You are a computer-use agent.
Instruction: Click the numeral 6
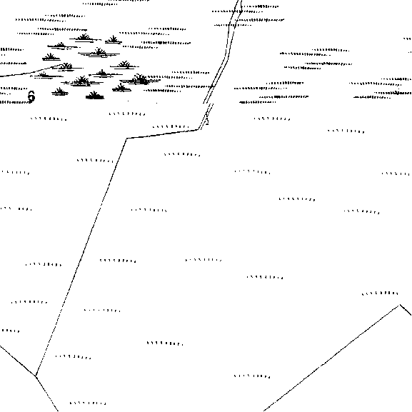(31, 96)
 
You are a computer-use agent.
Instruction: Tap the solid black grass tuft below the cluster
(94, 96)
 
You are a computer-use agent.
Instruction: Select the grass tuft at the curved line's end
(66, 66)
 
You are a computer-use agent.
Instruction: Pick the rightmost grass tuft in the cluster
(140, 79)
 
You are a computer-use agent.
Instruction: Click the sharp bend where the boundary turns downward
(126, 139)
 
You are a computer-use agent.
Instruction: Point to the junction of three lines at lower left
(36, 376)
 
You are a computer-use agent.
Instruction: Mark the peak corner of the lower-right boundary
(400, 305)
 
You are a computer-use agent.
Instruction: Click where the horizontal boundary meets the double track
(199, 129)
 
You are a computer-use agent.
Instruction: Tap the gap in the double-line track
(208, 104)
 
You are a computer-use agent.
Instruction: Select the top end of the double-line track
(240, 1)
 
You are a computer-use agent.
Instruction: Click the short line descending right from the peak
(406, 310)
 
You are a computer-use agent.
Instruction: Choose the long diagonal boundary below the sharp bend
(81, 257)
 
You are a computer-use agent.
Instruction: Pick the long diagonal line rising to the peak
(331, 358)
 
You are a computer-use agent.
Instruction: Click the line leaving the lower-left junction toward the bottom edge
(47, 393)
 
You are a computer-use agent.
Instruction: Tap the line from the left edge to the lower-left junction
(18, 361)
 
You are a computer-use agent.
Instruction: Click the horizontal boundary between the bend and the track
(163, 134)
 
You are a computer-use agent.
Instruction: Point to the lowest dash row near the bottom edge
(88, 403)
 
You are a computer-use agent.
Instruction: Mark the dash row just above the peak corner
(380, 293)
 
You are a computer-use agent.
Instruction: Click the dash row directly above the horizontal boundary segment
(171, 126)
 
